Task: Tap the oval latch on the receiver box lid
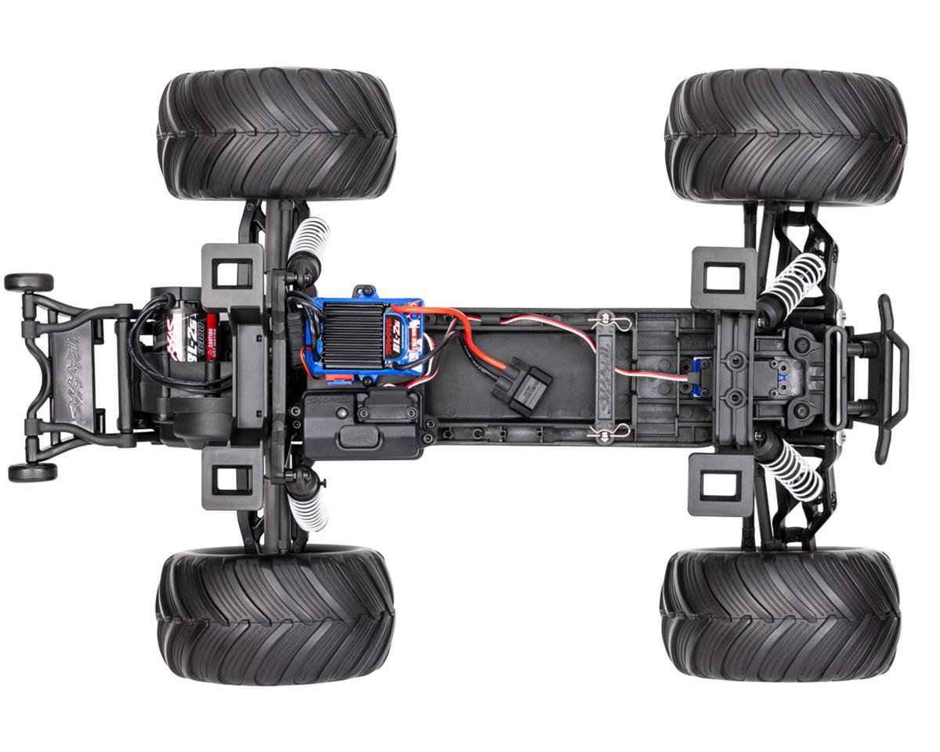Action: click(357, 439)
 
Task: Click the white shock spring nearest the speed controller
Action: click(309, 243)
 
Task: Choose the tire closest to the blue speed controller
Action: click(277, 133)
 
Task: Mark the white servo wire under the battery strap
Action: click(627, 368)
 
